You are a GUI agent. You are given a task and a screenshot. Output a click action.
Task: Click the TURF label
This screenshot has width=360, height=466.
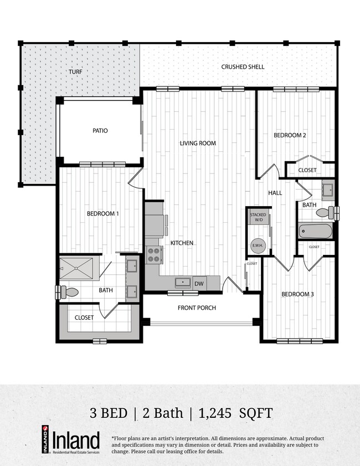pyautogui.click(x=75, y=72)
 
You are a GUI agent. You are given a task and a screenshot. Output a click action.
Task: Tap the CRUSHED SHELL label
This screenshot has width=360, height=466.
pyautogui.click(x=243, y=67)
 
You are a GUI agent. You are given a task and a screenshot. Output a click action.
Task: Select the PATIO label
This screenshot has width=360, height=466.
pyautogui.click(x=100, y=131)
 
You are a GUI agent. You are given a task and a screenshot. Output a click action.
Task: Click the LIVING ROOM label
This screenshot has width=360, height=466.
pyautogui.click(x=198, y=143)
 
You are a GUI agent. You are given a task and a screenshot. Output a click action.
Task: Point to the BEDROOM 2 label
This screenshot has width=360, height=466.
pyautogui.click(x=290, y=135)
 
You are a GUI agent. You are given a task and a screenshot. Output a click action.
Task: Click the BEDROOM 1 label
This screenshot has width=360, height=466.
pyautogui.click(x=102, y=213)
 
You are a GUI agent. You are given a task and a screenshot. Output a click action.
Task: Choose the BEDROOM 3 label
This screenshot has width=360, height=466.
pyautogui.click(x=297, y=294)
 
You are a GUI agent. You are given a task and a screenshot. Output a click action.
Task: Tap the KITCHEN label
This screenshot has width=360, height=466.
pyautogui.click(x=181, y=243)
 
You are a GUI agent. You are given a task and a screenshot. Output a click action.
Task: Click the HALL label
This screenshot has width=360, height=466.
pyautogui.click(x=275, y=193)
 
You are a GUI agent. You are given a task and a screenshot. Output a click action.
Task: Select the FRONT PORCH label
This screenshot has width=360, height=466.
pyautogui.click(x=197, y=308)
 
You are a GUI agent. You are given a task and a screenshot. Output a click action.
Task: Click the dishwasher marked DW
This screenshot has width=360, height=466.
pyautogui.click(x=198, y=283)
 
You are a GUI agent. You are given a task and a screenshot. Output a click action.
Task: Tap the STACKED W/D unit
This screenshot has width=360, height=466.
pyautogui.click(x=258, y=217)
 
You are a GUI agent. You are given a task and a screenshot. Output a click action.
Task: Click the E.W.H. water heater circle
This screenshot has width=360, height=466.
pyautogui.click(x=258, y=244)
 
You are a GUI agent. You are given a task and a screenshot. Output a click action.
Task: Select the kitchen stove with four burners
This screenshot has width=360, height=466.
pyautogui.click(x=153, y=255)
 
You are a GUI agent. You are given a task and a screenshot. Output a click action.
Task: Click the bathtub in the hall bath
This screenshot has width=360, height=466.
pyautogui.click(x=315, y=231)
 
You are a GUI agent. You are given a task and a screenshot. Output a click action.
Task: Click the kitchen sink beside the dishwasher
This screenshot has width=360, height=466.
pyautogui.click(x=182, y=283)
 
